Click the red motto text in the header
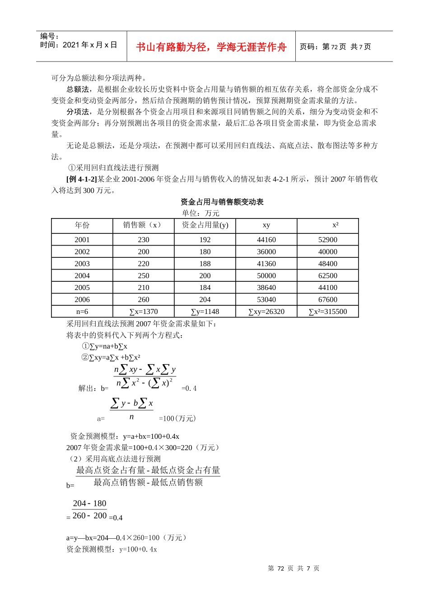coord(211,47)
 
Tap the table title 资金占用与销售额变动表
coord(222,202)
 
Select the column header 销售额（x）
coord(143,225)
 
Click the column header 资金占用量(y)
coord(205,225)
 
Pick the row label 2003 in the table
coord(82,264)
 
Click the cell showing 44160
coord(266,240)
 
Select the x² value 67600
coord(327,299)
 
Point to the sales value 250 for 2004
coord(144,275)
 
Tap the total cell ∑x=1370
coord(144,312)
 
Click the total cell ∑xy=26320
coord(266,312)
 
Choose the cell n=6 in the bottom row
coord(82,312)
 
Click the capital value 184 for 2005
coord(205,288)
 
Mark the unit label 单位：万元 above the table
coord(201,213)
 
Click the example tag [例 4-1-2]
coord(82,179)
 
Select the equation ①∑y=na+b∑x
coord(104,347)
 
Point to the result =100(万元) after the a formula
coord(177,418)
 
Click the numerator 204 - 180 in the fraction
coord(89,503)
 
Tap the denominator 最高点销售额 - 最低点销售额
coord(148,483)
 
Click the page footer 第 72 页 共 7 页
coord(294,568)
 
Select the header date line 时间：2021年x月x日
coord(79,45)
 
